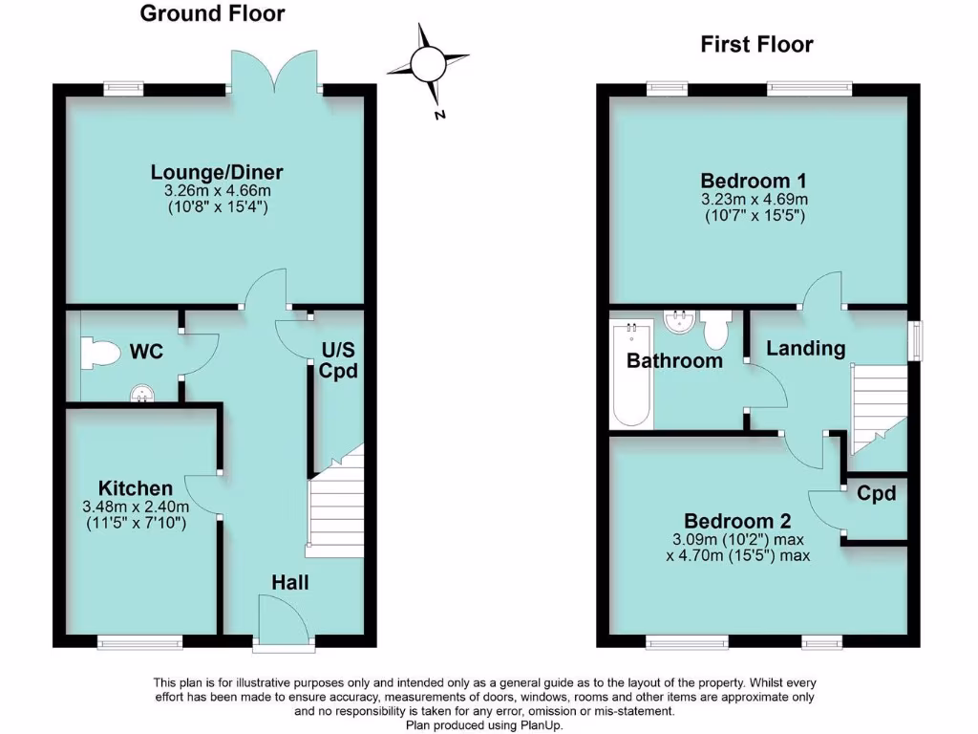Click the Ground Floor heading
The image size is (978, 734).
click(212, 14)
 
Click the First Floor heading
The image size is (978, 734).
click(756, 44)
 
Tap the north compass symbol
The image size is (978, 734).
click(427, 64)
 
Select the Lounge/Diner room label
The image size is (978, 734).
click(217, 172)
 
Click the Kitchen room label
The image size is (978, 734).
click(135, 488)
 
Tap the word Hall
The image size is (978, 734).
click(290, 582)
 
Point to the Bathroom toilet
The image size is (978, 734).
click(714, 330)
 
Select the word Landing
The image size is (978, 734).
click(806, 349)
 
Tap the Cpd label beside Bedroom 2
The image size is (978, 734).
click(876, 493)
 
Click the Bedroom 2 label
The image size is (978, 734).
click(737, 522)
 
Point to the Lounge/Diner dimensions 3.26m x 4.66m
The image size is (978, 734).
click(217, 191)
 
